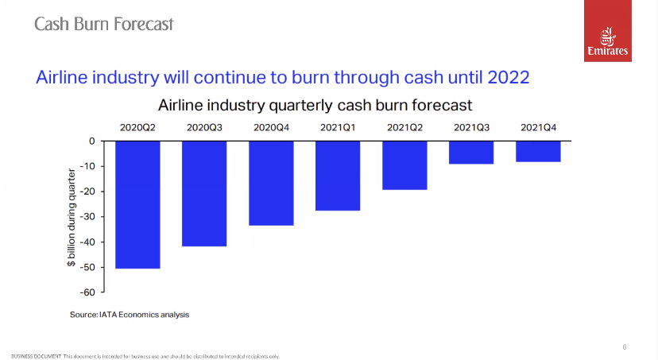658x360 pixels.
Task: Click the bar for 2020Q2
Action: pyautogui.click(x=137, y=204)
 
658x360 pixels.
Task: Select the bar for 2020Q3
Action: pyautogui.click(x=204, y=193)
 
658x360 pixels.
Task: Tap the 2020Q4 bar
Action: pyautogui.click(x=271, y=183)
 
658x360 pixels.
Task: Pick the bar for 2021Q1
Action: pyautogui.click(x=338, y=176)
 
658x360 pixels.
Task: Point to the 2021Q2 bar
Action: pyautogui.click(x=404, y=165)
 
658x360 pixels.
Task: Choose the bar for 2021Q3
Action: pyautogui.click(x=471, y=153)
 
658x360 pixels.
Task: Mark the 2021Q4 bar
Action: pyautogui.click(x=538, y=151)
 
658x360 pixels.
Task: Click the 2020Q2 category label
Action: pyautogui.click(x=137, y=126)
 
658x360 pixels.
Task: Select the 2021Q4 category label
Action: pyautogui.click(x=538, y=126)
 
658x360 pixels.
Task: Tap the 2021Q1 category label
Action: pyautogui.click(x=338, y=126)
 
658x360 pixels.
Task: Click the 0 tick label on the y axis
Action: pyautogui.click(x=91, y=141)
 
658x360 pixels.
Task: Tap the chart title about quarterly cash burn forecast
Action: pyautogui.click(x=315, y=104)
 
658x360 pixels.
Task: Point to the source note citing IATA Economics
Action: pyautogui.click(x=130, y=315)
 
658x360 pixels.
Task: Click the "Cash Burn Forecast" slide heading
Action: pyautogui.click(x=103, y=24)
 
